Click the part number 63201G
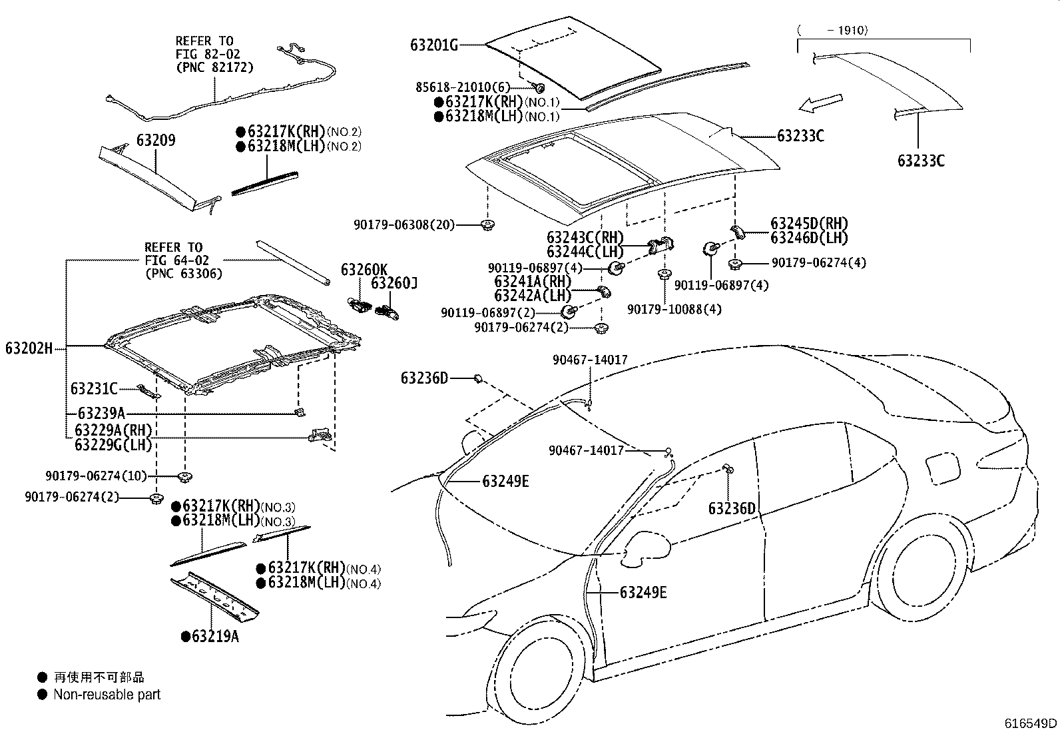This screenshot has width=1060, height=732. coord(434,45)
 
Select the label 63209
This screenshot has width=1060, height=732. coord(156,140)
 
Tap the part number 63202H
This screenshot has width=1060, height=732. coord(29,348)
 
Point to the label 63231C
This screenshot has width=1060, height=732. coord(94,389)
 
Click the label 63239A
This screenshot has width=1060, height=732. coord(101,414)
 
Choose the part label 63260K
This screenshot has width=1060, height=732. coord(364,270)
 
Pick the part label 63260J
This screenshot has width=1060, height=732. coord(394,283)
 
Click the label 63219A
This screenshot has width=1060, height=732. coord(215,636)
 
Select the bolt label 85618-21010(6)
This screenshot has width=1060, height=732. coord(463,87)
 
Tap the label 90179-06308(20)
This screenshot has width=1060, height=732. coord(404,224)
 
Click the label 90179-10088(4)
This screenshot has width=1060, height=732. coord(674,309)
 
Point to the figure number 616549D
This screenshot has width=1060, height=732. coord(1030,723)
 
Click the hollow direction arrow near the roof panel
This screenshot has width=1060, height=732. coord(820,104)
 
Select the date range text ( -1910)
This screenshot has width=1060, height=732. coord(832,30)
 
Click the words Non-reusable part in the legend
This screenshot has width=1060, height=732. coord(107,695)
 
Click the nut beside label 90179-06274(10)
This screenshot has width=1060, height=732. coord(184,477)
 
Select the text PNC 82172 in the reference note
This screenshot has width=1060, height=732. coord(215,67)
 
